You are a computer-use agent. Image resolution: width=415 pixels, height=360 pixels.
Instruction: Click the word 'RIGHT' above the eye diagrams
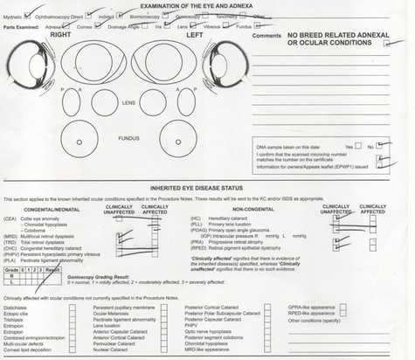60,36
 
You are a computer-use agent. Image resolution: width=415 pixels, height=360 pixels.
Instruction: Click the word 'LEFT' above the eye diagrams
194,36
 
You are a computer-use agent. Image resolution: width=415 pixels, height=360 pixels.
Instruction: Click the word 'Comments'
266,37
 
